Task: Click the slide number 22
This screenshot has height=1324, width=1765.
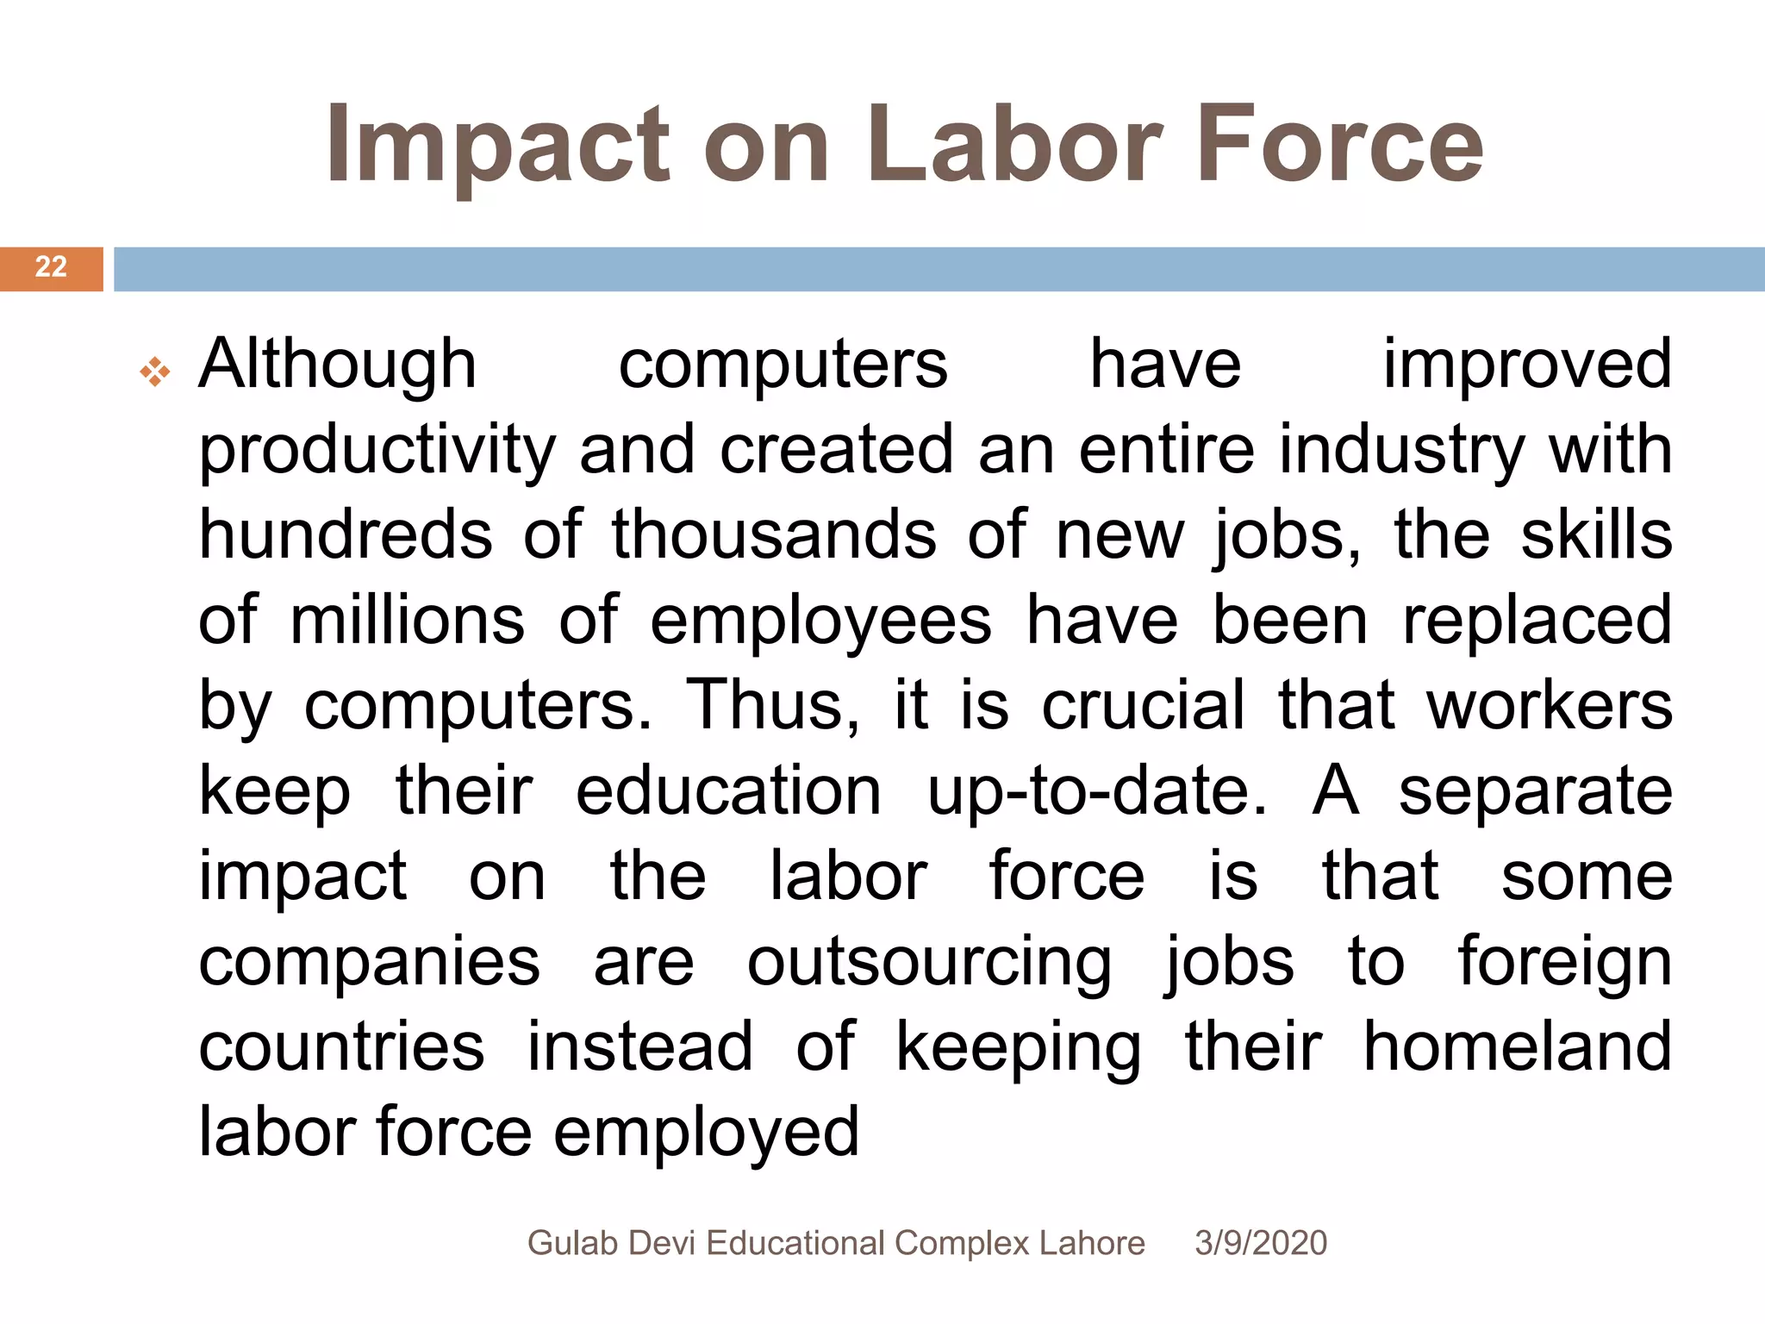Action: click(51, 267)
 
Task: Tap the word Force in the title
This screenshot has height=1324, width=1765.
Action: click(1339, 144)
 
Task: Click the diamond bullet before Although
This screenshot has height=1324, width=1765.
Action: click(155, 372)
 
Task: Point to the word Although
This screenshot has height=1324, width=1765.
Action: click(337, 365)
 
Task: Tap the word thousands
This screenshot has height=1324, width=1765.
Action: click(774, 534)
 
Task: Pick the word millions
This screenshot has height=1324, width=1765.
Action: click(407, 620)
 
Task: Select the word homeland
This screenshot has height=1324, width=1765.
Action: click(1517, 1046)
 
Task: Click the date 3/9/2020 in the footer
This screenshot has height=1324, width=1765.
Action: click(1260, 1243)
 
